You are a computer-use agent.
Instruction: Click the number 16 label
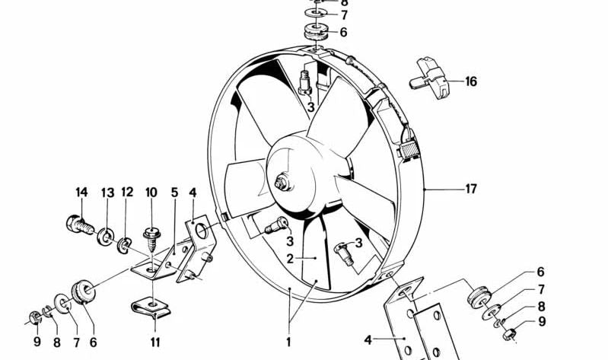coord(471,81)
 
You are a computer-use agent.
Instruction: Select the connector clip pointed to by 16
coord(431,76)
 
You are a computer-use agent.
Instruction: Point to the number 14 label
coord(81,192)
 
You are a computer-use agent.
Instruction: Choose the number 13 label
coord(107,192)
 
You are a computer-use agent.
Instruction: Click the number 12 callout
coord(127,192)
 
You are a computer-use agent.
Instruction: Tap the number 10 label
coord(151,192)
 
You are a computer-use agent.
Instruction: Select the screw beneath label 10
coord(151,235)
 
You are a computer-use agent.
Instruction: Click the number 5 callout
coord(174,192)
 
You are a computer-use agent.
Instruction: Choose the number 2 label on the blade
coord(290,258)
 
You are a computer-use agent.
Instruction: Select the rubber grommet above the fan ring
coord(314,33)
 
